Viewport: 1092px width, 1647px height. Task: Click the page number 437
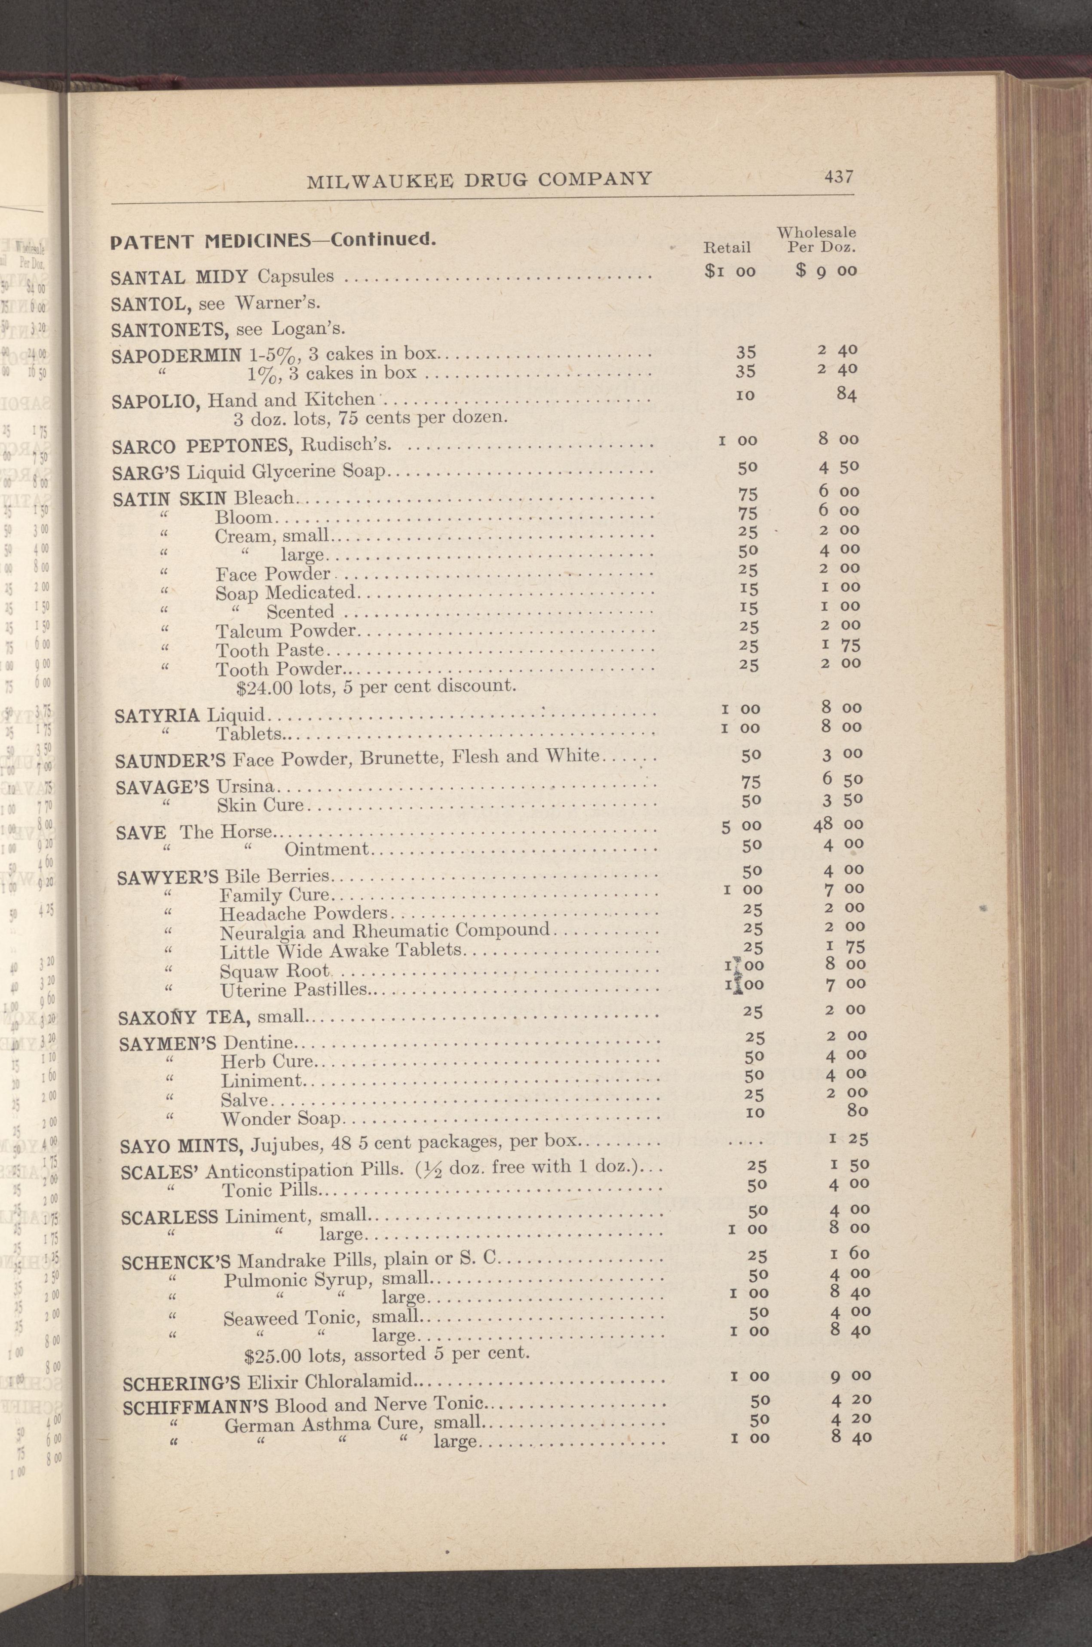point(838,176)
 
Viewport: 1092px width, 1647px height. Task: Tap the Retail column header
point(727,247)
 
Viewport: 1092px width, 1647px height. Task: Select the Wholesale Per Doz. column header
point(816,239)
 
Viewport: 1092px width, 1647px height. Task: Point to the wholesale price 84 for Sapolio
point(846,394)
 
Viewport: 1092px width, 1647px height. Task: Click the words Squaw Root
point(274,971)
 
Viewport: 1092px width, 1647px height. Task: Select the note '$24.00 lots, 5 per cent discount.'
point(376,687)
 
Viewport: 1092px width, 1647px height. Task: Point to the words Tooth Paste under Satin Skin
point(270,651)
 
